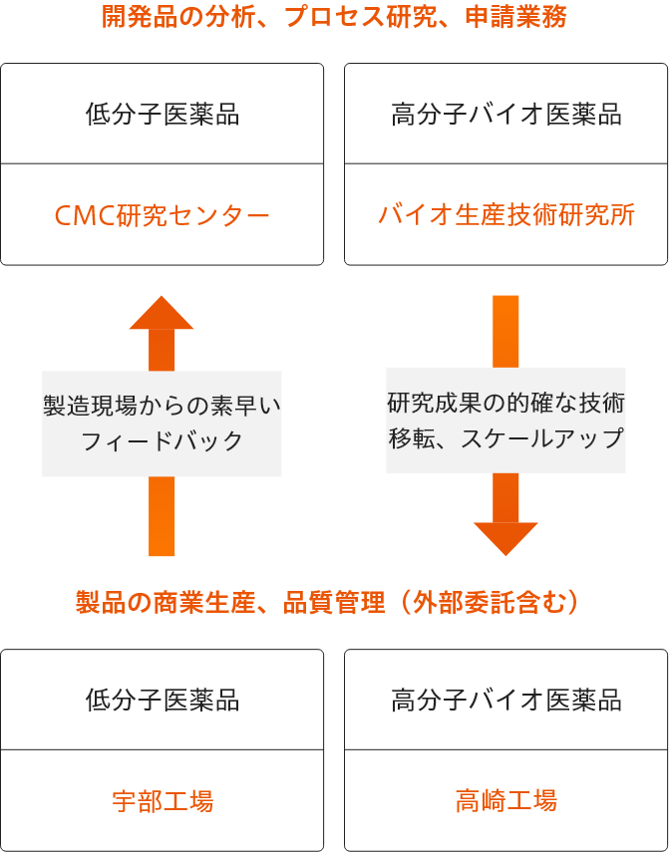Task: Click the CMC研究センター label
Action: point(162,215)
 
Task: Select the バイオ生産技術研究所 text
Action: point(506,215)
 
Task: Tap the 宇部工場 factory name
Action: point(162,801)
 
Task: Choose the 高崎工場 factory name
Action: point(506,801)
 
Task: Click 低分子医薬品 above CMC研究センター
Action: point(162,115)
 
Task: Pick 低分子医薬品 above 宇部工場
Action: point(162,701)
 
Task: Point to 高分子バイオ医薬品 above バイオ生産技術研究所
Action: point(506,115)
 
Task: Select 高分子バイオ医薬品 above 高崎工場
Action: point(506,701)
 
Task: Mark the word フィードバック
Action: point(162,440)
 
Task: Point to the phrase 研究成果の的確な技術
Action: point(506,404)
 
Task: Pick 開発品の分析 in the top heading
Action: point(178,18)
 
